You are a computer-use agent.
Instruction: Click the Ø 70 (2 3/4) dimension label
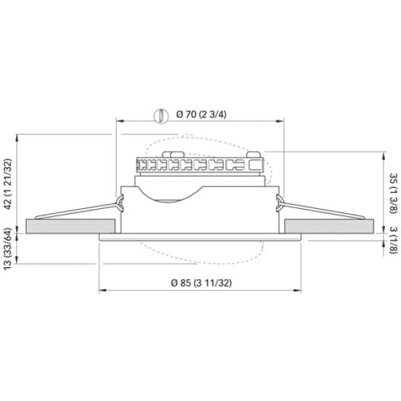point(201,114)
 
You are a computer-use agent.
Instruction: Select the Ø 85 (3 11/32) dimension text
point(201,283)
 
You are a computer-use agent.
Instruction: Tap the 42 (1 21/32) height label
point(8,184)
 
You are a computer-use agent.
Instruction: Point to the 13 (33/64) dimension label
point(8,248)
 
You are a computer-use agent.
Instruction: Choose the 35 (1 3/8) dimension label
point(393,193)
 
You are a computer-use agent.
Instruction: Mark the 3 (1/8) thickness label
point(393,241)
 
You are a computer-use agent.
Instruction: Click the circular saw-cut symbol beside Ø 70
point(161,116)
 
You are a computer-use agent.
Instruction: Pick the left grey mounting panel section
point(70,226)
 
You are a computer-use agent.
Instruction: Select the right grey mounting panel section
point(329,226)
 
